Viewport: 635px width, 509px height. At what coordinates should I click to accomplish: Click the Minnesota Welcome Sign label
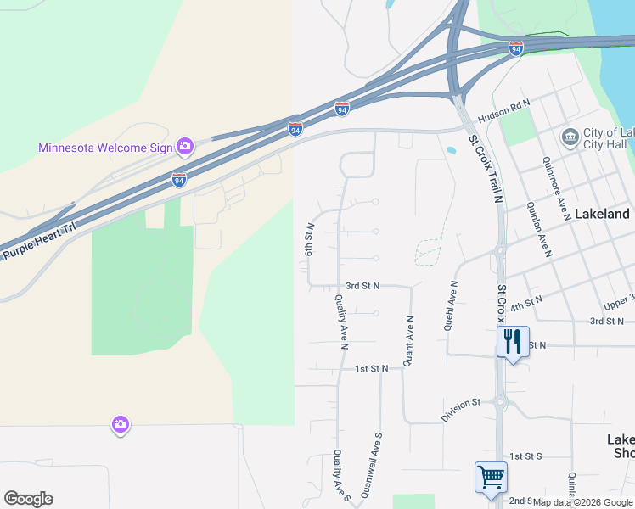(105, 148)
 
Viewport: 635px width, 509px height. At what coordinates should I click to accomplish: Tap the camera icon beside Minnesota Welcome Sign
(184, 147)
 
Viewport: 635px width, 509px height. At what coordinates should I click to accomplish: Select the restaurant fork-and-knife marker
(513, 342)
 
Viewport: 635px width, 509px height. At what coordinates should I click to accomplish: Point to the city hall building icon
(570, 137)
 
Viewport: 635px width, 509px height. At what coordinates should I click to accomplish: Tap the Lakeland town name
(602, 214)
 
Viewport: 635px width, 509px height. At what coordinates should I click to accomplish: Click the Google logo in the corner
(28, 499)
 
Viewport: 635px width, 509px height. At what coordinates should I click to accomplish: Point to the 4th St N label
(525, 300)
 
